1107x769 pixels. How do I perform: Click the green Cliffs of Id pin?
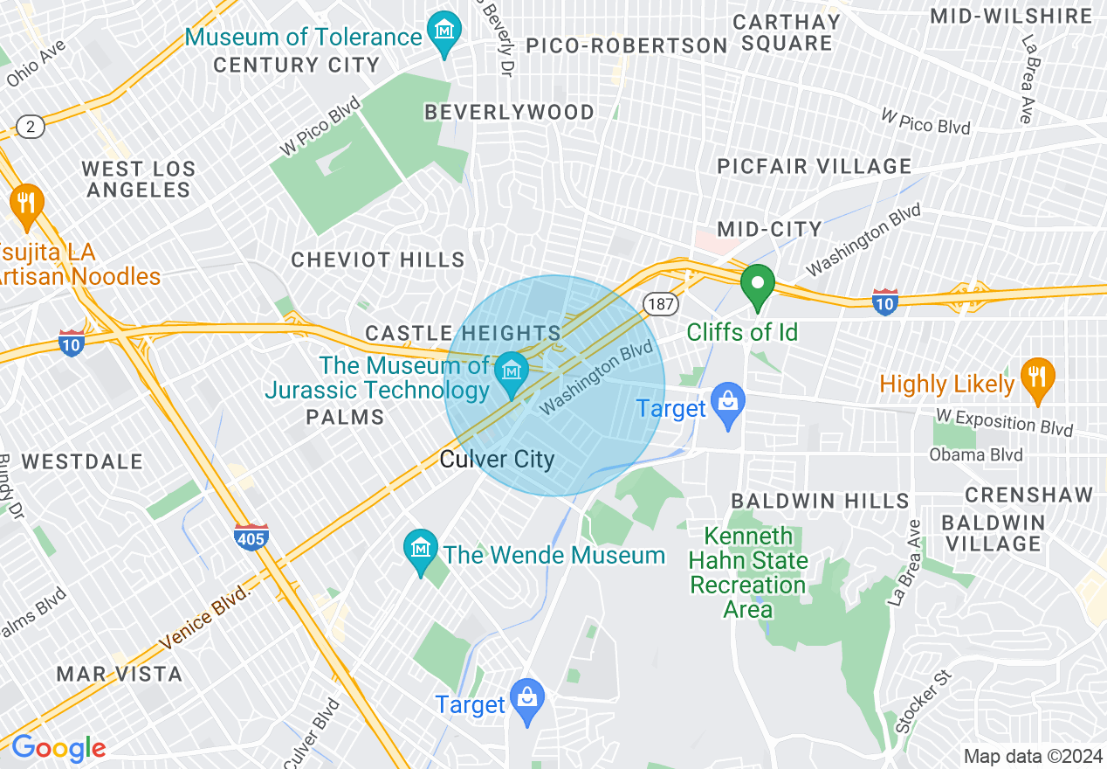pyautogui.click(x=758, y=285)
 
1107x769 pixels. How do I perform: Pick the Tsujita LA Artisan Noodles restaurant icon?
pyautogui.click(x=27, y=204)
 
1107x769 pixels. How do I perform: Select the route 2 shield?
pyautogui.click(x=31, y=128)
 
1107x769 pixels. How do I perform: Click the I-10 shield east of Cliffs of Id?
pyautogui.click(x=884, y=302)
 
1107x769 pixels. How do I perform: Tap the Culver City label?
pyautogui.click(x=497, y=460)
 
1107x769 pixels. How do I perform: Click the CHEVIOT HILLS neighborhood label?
pyautogui.click(x=378, y=260)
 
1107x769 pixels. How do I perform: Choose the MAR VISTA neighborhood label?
pyautogui.click(x=120, y=674)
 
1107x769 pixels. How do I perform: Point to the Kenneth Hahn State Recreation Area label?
pyautogui.click(x=748, y=572)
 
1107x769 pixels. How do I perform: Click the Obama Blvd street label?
pyautogui.click(x=976, y=455)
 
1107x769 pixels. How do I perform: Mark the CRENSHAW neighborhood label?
pyautogui.click(x=1028, y=495)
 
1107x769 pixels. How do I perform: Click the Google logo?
pyautogui.click(x=58, y=749)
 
